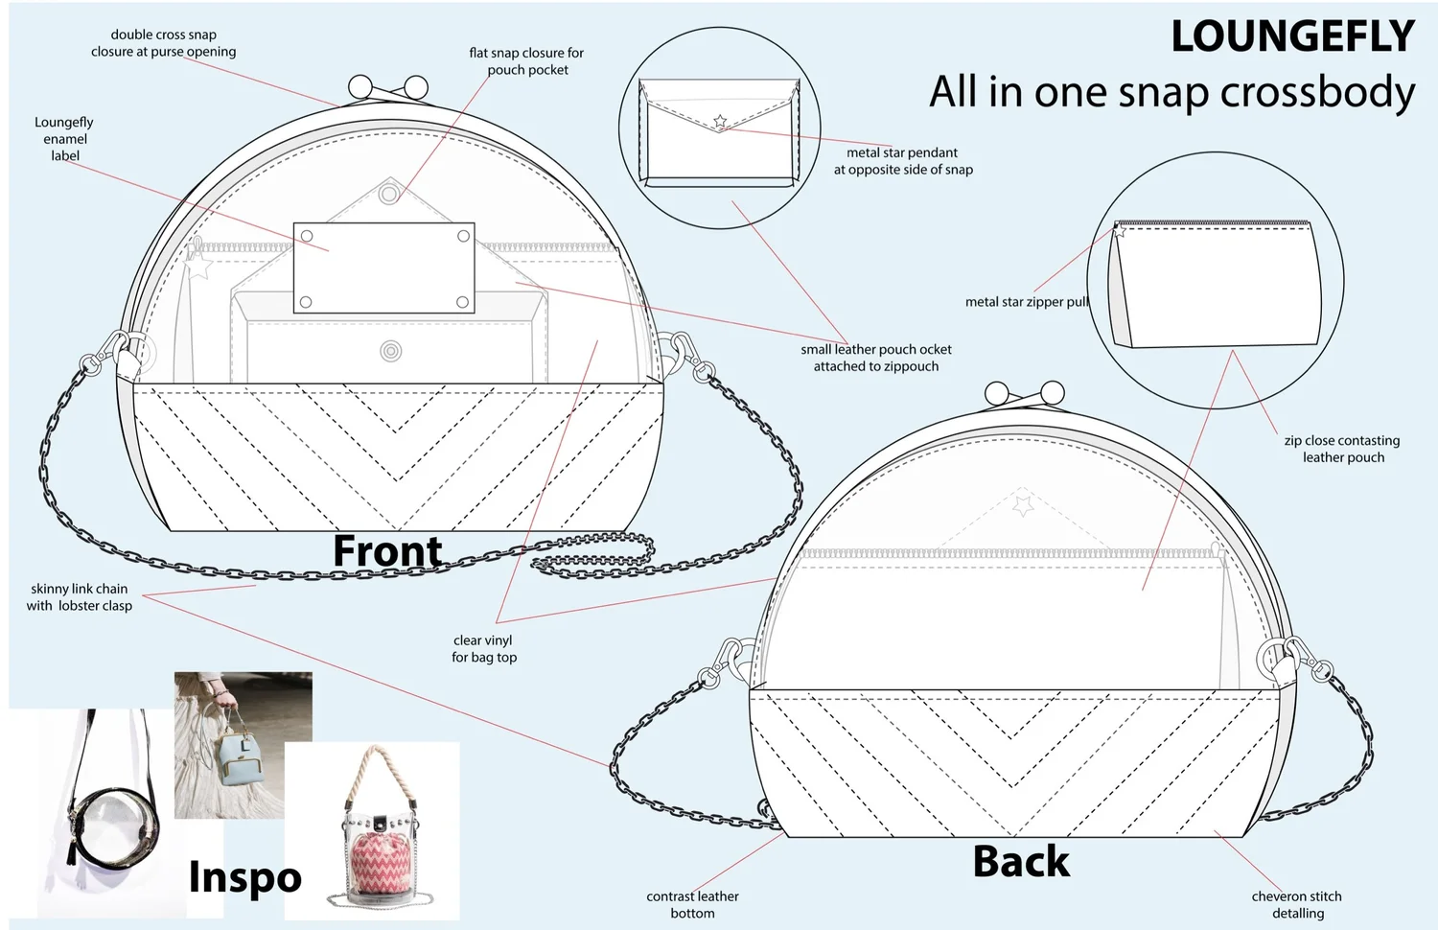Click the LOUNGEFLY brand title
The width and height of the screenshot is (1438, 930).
[x=1291, y=37]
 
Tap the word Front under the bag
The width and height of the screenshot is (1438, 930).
[x=387, y=551]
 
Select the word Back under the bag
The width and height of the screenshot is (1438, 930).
[x=1021, y=861]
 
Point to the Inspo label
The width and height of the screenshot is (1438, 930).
[x=244, y=876]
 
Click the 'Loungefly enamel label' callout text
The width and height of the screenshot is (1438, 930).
[x=64, y=139]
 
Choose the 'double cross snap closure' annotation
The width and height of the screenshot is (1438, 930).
[x=163, y=43]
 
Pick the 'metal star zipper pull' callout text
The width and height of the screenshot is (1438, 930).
[x=1026, y=302]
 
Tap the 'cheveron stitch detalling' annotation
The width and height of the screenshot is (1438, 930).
[x=1296, y=904]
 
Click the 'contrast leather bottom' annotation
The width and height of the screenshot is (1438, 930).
[x=692, y=904]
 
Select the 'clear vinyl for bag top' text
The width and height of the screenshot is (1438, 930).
[x=484, y=648]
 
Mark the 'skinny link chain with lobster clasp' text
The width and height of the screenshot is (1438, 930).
[x=79, y=597]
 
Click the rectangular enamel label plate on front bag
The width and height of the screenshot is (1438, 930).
[x=383, y=268]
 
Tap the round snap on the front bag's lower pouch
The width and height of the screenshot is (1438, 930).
[x=390, y=351]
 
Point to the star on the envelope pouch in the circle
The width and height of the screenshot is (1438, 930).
[x=720, y=122]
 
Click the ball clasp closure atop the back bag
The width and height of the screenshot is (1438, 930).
[x=1025, y=392]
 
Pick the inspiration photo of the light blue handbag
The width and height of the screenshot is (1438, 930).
[x=242, y=744]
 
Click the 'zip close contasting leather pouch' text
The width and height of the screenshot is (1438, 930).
[x=1341, y=449]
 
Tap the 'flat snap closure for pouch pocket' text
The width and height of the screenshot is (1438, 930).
[x=526, y=61]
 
